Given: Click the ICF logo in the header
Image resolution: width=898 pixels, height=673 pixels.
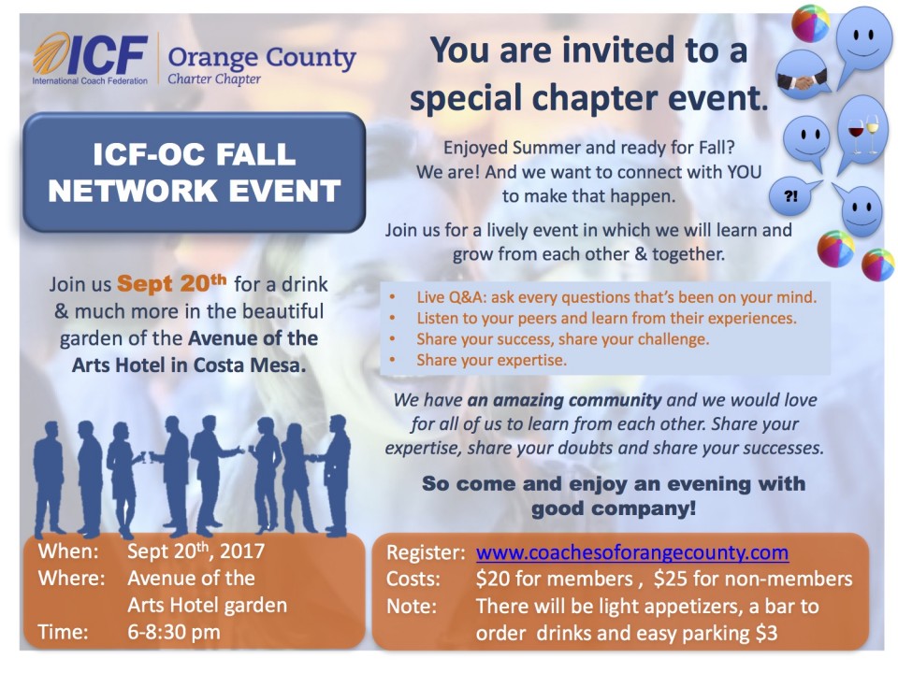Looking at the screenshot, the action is [91, 58].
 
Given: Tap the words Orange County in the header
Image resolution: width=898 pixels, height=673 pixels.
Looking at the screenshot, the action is [262, 58].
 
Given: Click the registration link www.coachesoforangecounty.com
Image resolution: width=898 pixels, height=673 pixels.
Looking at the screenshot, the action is [631, 552].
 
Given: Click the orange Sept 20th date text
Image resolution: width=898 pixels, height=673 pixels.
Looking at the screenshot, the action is [172, 283].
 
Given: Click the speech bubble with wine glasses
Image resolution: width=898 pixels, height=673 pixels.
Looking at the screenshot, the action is [861, 132].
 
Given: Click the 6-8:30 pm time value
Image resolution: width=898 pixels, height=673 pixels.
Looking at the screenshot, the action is [174, 632].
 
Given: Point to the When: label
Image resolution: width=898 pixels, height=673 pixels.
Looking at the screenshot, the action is [68, 551].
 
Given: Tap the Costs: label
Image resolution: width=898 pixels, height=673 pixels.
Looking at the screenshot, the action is [413, 579].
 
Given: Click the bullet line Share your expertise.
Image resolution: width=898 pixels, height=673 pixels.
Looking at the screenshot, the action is [491, 360].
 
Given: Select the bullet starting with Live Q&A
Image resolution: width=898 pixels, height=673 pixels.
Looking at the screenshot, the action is [616, 297].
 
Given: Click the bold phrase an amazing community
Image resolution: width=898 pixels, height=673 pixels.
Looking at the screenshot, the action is [564, 399].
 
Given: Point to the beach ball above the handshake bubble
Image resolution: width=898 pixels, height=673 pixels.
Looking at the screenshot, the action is [810, 23].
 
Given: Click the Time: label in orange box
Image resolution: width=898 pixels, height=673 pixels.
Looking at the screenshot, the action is [63, 632].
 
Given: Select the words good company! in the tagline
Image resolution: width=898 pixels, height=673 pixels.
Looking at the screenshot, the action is [614, 508].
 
